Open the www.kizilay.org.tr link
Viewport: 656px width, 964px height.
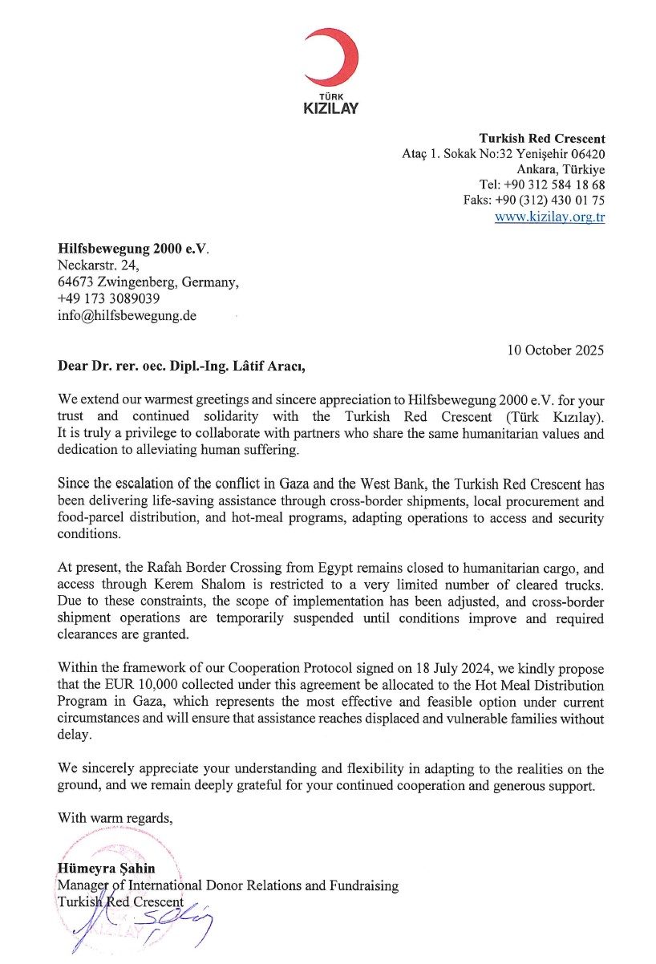point(549,217)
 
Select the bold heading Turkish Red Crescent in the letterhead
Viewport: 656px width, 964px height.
point(542,138)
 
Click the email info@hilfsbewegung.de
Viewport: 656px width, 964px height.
point(127,315)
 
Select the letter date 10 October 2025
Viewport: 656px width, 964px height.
point(556,350)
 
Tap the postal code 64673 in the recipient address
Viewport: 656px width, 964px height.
point(77,282)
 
